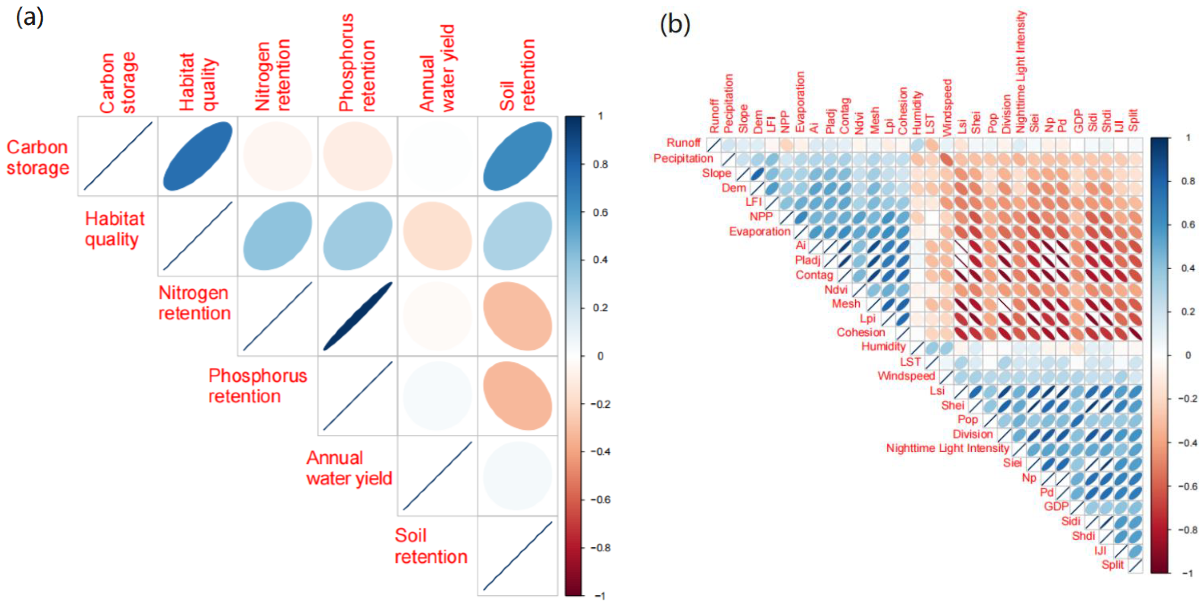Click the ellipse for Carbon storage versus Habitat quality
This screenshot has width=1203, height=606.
198,156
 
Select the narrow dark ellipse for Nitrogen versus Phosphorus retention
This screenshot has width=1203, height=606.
358,316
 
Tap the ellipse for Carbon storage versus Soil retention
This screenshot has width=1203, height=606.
517,156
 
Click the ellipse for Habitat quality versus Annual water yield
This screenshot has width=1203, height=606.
438,236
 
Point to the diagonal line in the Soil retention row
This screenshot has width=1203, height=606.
517,556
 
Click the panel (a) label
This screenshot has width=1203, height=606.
29,18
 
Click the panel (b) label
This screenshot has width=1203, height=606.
674,24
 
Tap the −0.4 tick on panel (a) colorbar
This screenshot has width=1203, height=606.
600,451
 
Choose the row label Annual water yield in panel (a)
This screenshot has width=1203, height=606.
349,468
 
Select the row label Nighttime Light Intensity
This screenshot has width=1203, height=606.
947,448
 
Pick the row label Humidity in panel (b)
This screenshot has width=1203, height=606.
883,346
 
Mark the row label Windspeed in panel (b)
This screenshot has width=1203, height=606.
906,376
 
